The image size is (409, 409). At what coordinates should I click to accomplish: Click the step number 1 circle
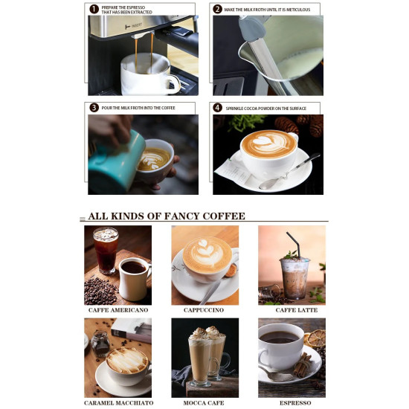[x=94, y=10]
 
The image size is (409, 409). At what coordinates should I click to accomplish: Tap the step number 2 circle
[x=217, y=10]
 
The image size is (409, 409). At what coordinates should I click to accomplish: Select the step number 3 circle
[x=94, y=108]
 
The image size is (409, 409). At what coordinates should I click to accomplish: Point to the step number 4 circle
[x=218, y=108]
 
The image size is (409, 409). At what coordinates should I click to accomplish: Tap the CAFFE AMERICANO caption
[x=117, y=310]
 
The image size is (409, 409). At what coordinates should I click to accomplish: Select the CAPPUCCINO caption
[x=204, y=310]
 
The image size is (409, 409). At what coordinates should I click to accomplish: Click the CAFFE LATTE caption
[x=296, y=310]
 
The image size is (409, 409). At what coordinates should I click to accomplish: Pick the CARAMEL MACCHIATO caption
[x=119, y=402]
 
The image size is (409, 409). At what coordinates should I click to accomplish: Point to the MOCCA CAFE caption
[x=204, y=402]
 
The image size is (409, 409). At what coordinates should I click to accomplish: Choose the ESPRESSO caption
[x=295, y=402]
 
